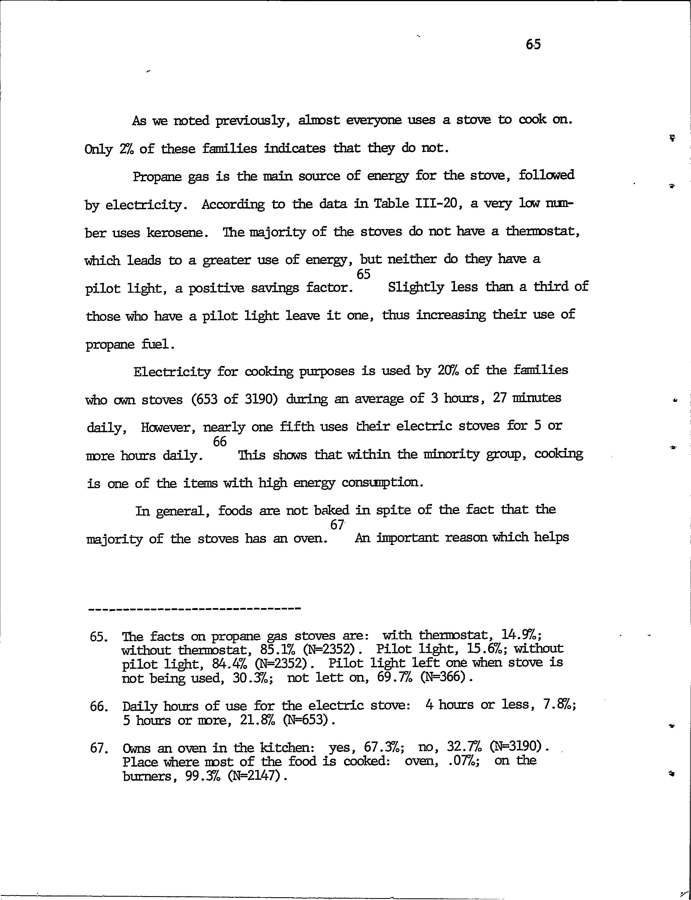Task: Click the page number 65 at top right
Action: coord(533,44)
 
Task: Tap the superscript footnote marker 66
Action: coord(220,442)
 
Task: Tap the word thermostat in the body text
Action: coord(542,232)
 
